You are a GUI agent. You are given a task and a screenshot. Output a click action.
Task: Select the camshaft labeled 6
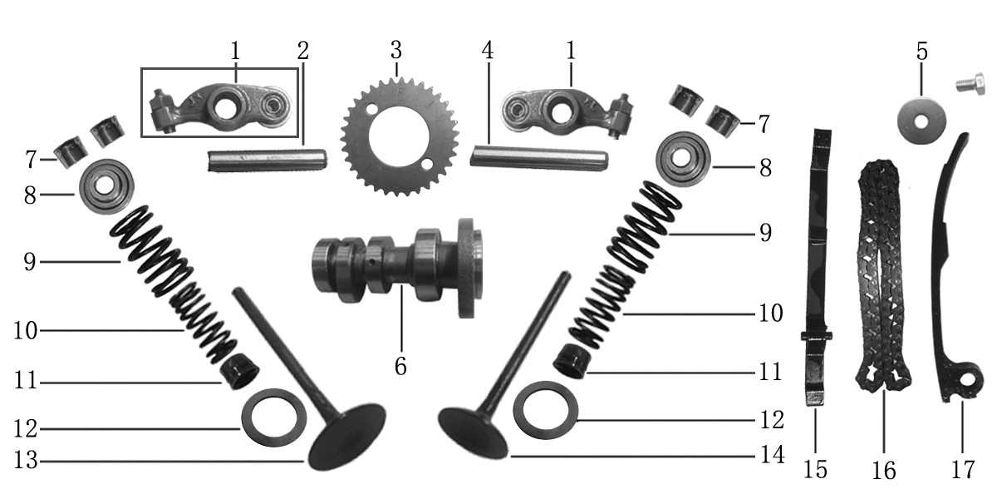397,267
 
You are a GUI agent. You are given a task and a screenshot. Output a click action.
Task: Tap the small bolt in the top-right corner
970,84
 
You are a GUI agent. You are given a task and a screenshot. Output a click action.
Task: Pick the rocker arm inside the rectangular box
187,107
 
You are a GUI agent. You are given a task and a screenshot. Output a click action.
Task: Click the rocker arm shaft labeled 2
267,161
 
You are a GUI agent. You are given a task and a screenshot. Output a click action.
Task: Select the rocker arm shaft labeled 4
538,157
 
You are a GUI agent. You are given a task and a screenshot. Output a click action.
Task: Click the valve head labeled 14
473,433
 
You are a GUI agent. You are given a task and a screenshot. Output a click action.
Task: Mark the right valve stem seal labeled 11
572,362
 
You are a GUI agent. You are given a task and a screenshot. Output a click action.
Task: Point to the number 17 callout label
963,470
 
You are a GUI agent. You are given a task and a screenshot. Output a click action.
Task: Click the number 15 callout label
815,470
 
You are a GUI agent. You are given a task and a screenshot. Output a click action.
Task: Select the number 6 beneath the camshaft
400,366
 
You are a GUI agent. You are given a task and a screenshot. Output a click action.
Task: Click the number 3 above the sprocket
396,50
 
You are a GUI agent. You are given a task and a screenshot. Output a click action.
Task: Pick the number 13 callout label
26,460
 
